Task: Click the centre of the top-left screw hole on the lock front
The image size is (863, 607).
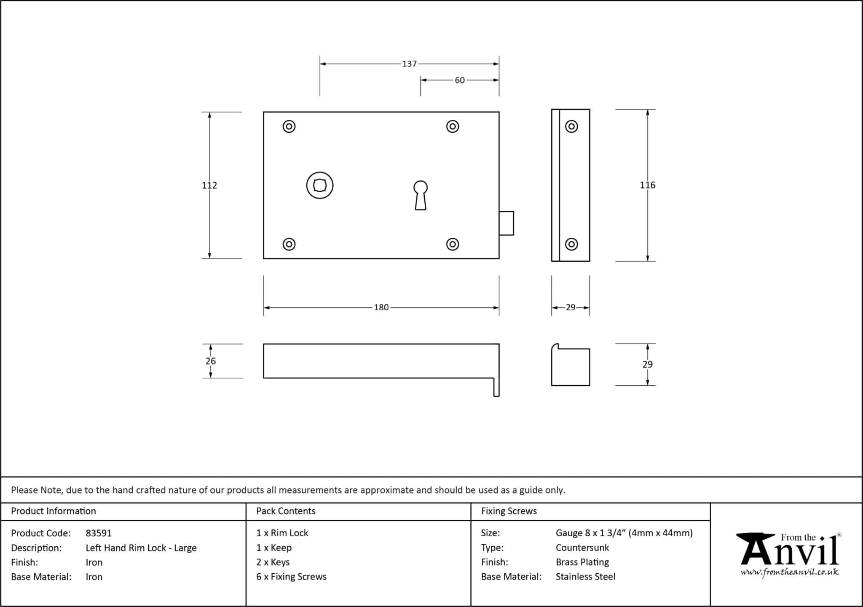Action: (x=289, y=126)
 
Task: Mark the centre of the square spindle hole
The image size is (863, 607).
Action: (x=320, y=185)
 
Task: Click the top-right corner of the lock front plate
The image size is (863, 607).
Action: (x=499, y=112)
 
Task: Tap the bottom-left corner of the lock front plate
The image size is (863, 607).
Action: (x=263, y=258)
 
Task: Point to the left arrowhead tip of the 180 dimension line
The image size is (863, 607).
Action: (x=264, y=308)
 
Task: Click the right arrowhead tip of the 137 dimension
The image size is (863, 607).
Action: (x=499, y=64)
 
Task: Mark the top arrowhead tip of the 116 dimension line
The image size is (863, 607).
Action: (x=648, y=110)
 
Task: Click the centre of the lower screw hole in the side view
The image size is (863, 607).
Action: (x=571, y=244)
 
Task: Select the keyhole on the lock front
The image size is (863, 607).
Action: (x=421, y=195)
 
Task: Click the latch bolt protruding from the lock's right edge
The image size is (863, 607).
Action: (x=507, y=223)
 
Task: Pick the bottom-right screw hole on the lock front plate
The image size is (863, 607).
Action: (x=453, y=244)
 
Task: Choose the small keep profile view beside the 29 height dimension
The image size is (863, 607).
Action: (x=571, y=365)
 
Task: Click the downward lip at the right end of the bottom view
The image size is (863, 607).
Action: (x=496, y=387)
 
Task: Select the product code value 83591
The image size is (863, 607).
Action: (x=99, y=533)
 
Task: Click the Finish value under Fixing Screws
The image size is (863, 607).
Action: (x=582, y=562)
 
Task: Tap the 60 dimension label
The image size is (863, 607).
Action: (x=460, y=80)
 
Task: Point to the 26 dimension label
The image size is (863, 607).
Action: (x=211, y=361)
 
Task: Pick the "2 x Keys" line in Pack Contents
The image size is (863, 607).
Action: (x=273, y=562)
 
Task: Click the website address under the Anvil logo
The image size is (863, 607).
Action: (x=790, y=572)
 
